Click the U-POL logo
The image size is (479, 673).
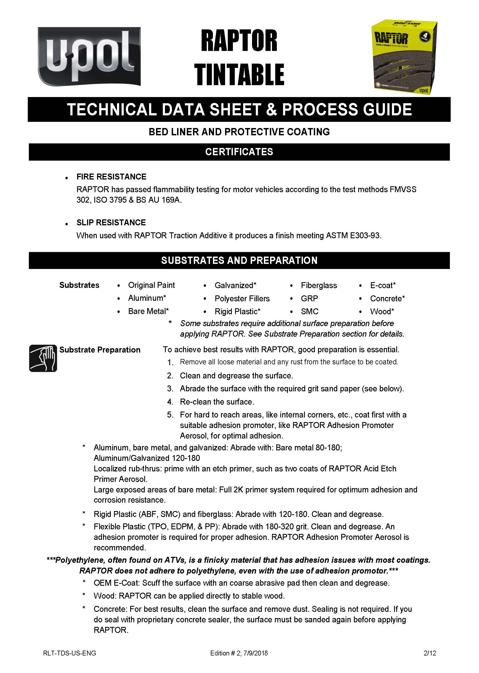coord(89,57)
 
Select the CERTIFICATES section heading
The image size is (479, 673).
coord(239,152)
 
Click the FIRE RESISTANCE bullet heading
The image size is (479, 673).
coord(111,177)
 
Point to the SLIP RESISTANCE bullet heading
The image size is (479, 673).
coord(111,222)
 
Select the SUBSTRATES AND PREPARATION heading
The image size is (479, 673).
coord(239,260)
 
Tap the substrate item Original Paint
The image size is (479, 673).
coord(151,285)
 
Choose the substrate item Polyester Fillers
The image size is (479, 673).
coord(242,298)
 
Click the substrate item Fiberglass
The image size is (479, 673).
coord(319,285)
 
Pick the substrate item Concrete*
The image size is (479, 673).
coord(387,298)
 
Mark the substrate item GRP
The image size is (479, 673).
coord(309,298)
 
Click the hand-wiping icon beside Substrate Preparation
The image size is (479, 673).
coord(43,358)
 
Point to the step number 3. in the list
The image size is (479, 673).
coord(170,389)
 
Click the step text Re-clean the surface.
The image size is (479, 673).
coord(217,402)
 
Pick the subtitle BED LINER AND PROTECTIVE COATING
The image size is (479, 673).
coord(239,132)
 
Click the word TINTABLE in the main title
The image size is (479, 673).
coord(239,75)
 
